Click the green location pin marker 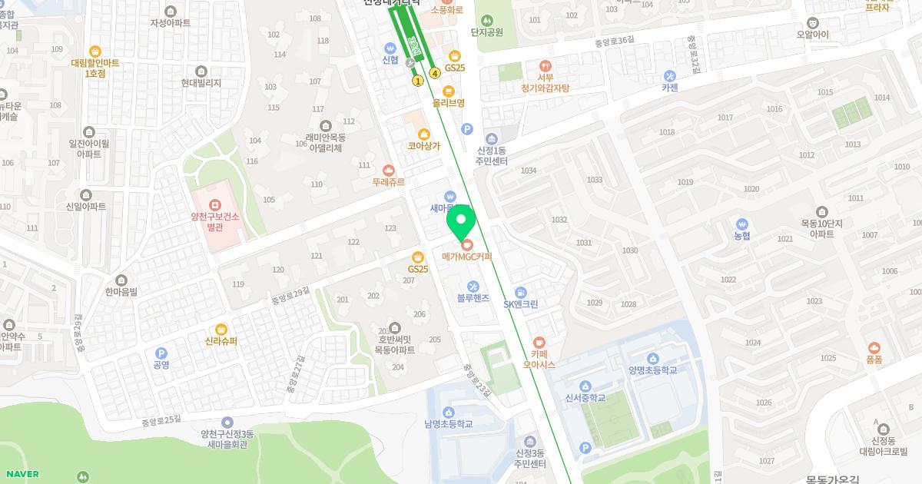point(460,224)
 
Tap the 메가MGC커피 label point(466,257)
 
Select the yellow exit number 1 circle point(418,81)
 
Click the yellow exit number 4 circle point(435,74)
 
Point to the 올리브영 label point(449,103)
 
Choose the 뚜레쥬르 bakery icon point(389,170)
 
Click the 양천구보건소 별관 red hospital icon point(215,204)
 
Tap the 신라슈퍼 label point(221,342)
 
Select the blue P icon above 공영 point(161,353)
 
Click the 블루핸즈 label point(473,298)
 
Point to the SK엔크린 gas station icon point(521,292)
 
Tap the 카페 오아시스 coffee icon point(539,343)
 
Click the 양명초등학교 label point(653,370)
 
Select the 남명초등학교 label point(448,424)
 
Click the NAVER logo point(20,474)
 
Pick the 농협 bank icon point(741,223)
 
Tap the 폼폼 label point(874,360)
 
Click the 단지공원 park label point(487,32)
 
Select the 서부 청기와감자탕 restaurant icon point(546,66)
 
